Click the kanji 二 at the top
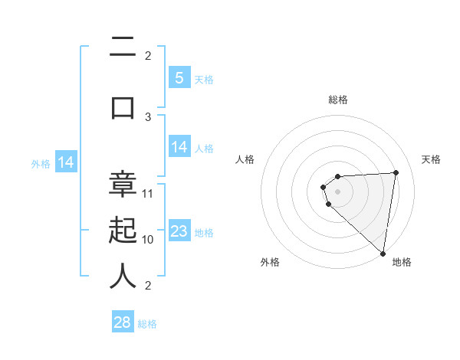pos(123,49)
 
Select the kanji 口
pos(123,106)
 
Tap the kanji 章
pos(123,185)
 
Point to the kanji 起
pos(123,230)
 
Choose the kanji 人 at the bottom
pos(123,275)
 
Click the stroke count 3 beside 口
pos(148,116)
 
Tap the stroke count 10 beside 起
pos(148,239)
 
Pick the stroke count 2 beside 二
pos(148,55)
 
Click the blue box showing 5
pos(179,77)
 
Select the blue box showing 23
pos(179,231)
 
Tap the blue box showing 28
pos(123,322)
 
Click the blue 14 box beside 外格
pos(66,162)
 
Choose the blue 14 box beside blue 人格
pos(179,147)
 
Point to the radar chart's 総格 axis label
pos(337,100)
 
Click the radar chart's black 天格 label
pos(431,159)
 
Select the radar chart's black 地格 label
pos(402,262)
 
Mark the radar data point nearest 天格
pos(396,172)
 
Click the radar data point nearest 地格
pos(383,253)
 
